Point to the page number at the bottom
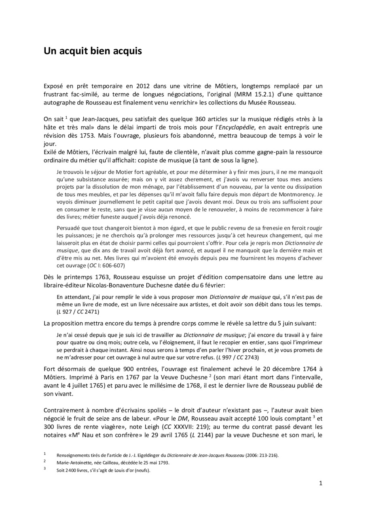point(321,483)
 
